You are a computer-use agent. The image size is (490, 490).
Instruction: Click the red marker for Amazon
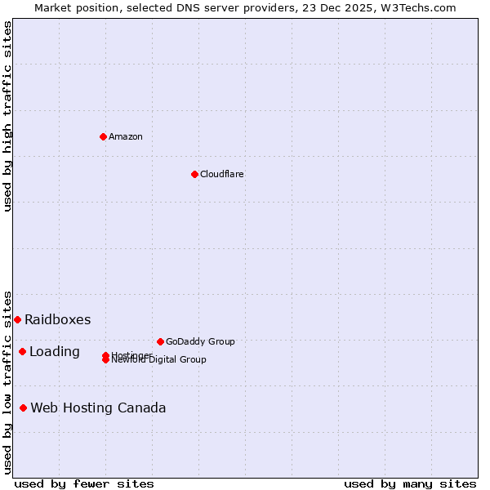click(104, 136)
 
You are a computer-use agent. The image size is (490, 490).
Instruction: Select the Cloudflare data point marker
click(194, 174)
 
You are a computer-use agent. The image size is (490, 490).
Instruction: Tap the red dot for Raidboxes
click(17, 319)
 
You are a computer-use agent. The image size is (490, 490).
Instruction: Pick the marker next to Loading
click(22, 351)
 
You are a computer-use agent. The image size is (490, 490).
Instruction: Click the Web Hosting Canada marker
click(23, 408)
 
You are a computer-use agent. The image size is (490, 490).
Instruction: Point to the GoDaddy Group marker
click(160, 341)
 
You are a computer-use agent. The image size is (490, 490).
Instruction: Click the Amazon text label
click(126, 136)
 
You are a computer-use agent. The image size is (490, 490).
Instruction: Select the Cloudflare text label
click(222, 174)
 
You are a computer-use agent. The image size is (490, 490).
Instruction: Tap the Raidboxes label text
click(57, 319)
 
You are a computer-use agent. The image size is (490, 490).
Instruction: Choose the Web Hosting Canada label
click(98, 408)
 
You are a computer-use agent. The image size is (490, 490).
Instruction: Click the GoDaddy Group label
click(200, 341)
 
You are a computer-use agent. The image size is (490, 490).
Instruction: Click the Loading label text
click(55, 351)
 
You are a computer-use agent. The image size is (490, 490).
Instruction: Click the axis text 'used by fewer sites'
click(84, 483)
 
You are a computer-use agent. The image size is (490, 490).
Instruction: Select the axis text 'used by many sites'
click(410, 483)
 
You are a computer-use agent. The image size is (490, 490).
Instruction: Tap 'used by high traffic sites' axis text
click(7, 116)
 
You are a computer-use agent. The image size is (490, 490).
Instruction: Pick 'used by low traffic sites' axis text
click(7, 381)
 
